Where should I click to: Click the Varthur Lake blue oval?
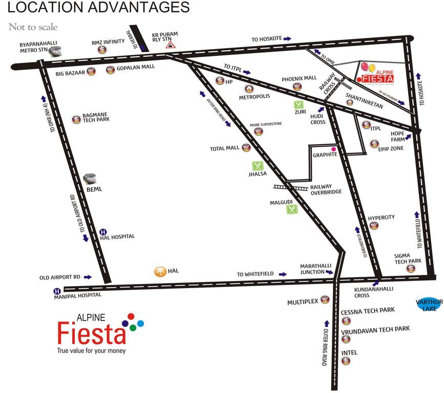(429, 304)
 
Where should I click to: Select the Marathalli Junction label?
(316, 269)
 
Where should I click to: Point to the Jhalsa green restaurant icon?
(258, 166)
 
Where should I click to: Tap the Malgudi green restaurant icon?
(292, 209)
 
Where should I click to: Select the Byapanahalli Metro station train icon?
(55, 51)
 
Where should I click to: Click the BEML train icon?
(90, 179)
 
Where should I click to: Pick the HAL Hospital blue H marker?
(102, 232)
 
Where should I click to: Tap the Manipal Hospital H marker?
(57, 292)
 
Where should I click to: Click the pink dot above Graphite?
(333, 148)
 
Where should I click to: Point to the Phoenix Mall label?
(300, 79)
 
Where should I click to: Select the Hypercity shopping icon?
(374, 226)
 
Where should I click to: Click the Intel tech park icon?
(347, 361)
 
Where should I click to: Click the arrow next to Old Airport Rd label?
(88, 277)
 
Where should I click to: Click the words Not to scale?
(33, 27)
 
